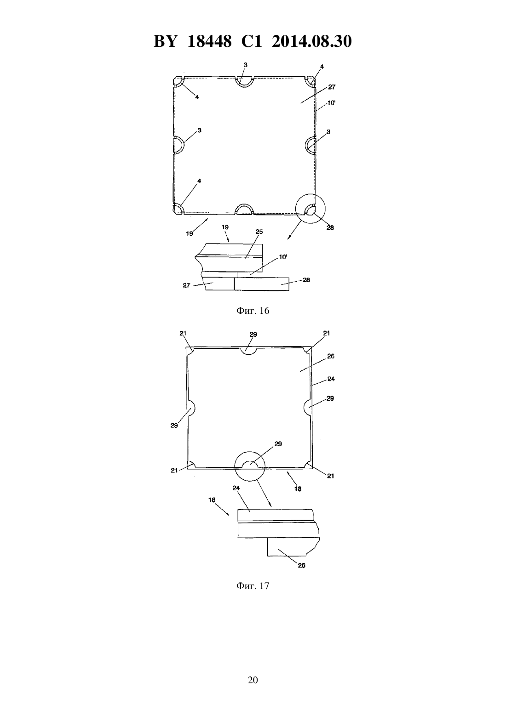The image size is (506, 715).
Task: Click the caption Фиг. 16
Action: [253, 311]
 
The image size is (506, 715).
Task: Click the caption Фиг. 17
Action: [253, 586]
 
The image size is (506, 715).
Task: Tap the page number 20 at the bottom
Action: [253, 680]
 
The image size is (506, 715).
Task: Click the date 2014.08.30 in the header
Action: [312, 41]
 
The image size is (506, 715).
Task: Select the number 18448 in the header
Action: [209, 41]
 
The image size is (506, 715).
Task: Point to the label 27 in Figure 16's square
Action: [332, 87]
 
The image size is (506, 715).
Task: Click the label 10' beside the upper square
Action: [331, 103]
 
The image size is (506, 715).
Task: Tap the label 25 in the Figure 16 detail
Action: [259, 232]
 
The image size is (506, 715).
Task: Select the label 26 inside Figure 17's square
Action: [331, 356]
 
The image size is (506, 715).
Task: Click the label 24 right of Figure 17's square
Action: [331, 379]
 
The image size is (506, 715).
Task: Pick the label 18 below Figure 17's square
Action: [298, 488]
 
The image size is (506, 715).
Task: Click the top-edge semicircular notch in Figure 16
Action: [244, 82]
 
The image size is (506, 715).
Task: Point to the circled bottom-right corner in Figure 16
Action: [310, 209]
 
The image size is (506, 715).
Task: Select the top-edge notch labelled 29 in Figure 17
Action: [248, 351]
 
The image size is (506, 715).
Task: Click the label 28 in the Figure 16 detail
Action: [306, 280]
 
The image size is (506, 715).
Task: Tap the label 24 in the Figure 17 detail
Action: [236, 488]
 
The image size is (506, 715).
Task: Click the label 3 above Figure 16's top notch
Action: [245, 65]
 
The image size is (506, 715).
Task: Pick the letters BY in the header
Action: [165, 41]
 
